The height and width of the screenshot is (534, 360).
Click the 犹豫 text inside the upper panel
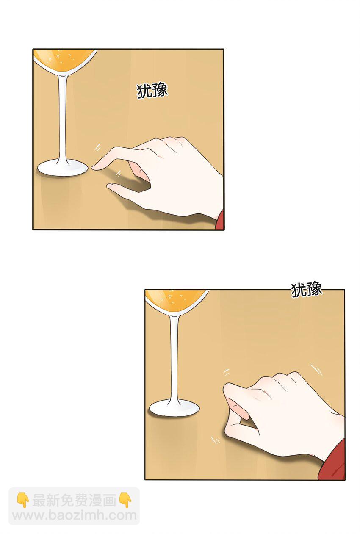pyautogui.click(x=152, y=91)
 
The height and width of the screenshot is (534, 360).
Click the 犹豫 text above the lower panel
pyautogui.click(x=307, y=290)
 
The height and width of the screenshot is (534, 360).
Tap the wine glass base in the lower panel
pyautogui.click(x=174, y=408)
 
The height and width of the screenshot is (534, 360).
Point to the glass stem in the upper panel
pyautogui.click(x=64, y=119)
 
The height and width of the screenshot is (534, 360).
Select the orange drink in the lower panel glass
pyautogui.click(x=175, y=299)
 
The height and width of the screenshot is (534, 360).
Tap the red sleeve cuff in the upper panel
pyautogui.click(x=220, y=220)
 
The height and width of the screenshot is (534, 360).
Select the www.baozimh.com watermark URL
pyautogui.click(x=74, y=516)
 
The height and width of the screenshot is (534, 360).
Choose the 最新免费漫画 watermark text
pyautogui.click(x=74, y=501)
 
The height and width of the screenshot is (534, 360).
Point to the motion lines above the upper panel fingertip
pyautogui.click(x=97, y=147)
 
